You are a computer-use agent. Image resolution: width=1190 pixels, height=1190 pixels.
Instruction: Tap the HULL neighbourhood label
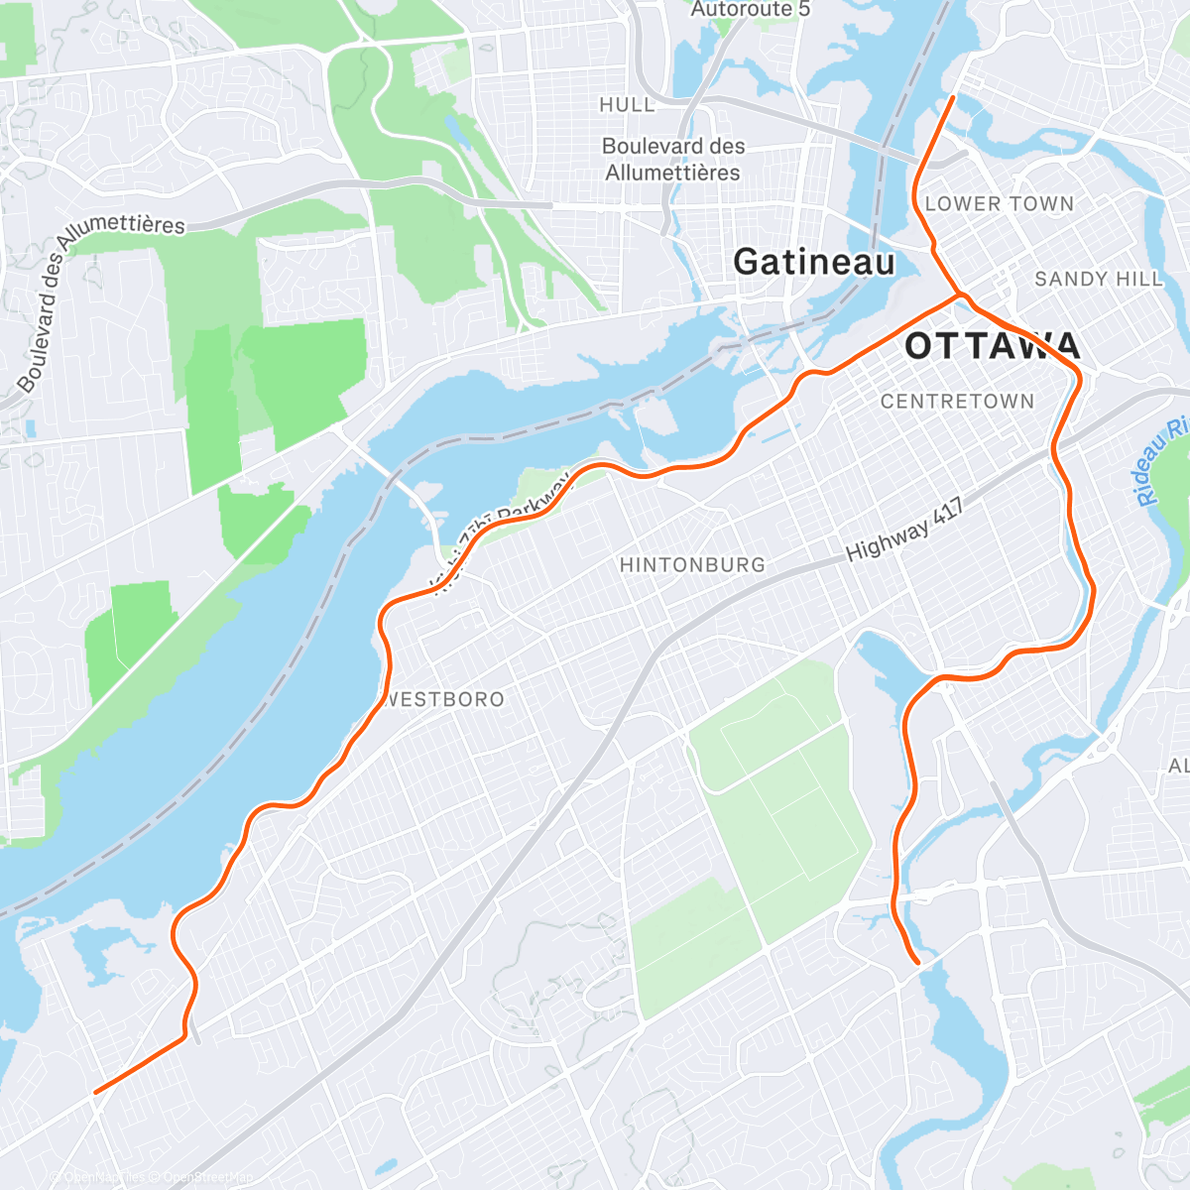627,105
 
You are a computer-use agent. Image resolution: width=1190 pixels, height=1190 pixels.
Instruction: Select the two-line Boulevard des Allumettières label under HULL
673,159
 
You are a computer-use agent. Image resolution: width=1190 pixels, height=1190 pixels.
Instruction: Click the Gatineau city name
813,262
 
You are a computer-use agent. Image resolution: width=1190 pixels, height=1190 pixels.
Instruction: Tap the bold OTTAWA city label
992,346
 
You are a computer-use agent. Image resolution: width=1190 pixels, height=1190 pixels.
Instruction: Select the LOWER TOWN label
999,204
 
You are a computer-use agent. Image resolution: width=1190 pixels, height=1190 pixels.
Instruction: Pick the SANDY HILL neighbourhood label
1098,280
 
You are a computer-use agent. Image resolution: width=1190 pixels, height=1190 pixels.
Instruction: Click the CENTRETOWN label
957,402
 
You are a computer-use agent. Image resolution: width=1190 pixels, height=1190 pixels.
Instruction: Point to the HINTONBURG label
692,565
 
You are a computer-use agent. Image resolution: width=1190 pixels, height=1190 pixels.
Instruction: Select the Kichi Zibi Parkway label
506,532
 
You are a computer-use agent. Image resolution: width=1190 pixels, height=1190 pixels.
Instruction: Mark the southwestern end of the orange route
95,1093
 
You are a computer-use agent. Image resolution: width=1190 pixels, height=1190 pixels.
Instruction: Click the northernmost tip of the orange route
953,97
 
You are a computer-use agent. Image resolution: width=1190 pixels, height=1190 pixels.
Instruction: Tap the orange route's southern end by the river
917,962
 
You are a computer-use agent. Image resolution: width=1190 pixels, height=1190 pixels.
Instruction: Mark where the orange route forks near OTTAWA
959,296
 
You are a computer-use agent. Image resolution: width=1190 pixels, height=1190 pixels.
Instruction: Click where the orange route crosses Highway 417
1055,446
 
